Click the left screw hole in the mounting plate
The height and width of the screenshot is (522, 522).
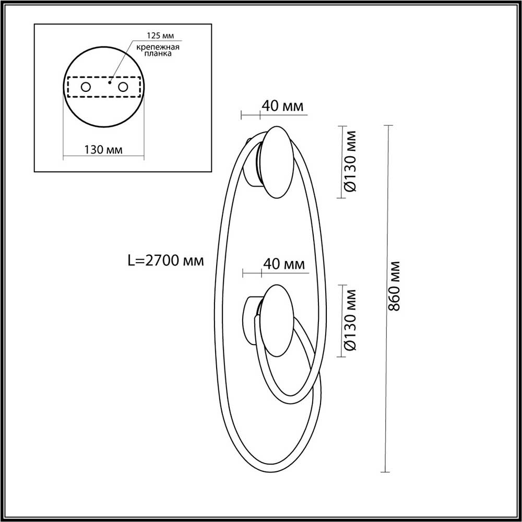point(86,87)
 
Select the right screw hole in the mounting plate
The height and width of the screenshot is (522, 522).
point(123,87)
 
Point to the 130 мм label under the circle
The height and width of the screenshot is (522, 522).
point(103,150)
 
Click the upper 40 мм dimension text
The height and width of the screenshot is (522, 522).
point(282,106)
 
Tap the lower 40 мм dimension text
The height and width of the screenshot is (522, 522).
point(283,265)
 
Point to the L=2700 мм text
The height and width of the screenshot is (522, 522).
point(165,259)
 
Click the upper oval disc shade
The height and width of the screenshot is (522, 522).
point(280,162)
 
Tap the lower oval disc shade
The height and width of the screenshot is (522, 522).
point(279,321)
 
